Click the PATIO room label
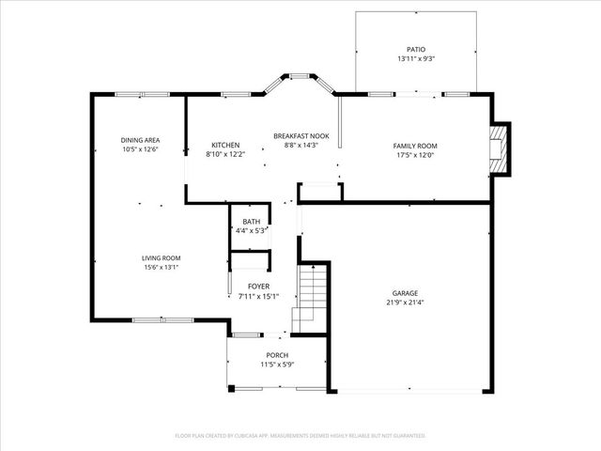click(x=415, y=49)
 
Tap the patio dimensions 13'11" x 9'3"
click(x=415, y=59)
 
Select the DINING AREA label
click(x=139, y=140)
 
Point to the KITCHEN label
click(x=225, y=145)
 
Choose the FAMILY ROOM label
click(x=415, y=146)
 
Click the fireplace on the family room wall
click(x=501, y=148)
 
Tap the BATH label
click(x=252, y=221)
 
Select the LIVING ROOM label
click(x=161, y=257)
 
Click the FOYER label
click(x=258, y=287)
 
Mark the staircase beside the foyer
click(x=312, y=296)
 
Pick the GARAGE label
click(x=405, y=293)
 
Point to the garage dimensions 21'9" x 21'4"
click(x=405, y=303)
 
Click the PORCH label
click(x=276, y=355)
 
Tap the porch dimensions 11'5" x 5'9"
click(x=276, y=365)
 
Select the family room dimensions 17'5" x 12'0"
click(x=415, y=156)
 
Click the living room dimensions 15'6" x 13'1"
click(x=161, y=267)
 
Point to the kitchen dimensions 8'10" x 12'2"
click(x=225, y=155)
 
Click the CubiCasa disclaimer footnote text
click(x=300, y=436)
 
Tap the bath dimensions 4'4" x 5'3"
click(x=252, y=230)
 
